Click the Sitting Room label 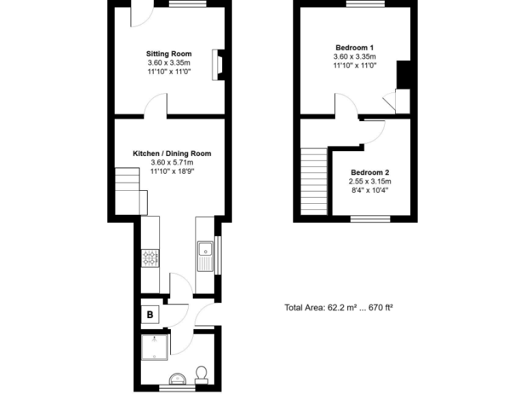click(169, 53)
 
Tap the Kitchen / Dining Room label click(172, 154)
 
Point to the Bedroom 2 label click(370, 172)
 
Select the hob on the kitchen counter click(150, 258)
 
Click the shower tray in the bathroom click(154, 347)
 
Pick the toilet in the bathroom click(201, 373)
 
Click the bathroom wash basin click(176, 377)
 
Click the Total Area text click(338, 307)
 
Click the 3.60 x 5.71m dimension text click(172, 163)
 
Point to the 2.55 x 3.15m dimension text click(370, 181)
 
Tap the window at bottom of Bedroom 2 click(370, 219)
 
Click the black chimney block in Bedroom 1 click(403, 75)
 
